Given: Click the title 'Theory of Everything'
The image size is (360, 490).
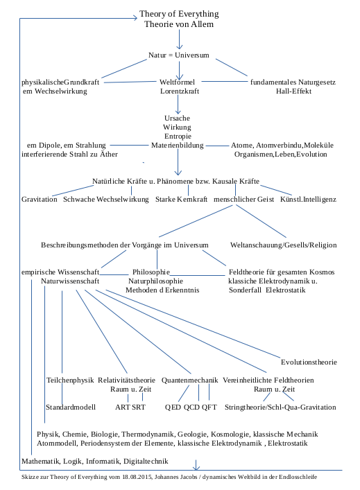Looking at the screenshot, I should pos(179,14).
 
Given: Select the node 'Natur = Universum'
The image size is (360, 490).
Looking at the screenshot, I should pos(179,55).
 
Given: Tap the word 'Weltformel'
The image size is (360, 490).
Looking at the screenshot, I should pos(180,82).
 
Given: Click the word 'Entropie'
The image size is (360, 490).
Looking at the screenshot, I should pos(177,137).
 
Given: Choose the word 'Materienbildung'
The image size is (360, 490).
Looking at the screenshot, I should pos(178,146).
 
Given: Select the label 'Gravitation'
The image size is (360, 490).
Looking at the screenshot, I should pos(39,199).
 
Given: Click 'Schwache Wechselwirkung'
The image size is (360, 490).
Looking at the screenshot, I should pos(106,199).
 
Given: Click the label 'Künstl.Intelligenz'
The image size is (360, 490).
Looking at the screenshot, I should pos(308,199).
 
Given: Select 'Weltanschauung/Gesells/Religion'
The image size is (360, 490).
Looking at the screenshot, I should pos(283,245).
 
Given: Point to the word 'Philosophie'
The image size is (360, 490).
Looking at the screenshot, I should pos(151,272).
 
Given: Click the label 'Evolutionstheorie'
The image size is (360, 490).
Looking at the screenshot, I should pos(309,362).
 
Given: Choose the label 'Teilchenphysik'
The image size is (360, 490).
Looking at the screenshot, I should pos(70,380).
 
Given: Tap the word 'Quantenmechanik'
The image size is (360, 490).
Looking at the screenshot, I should pos(190,380).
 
